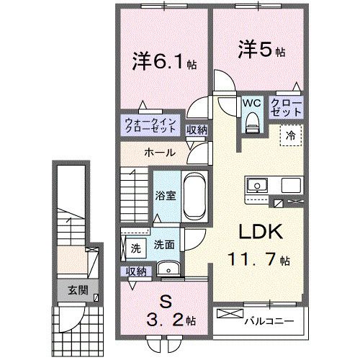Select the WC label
pyautogui.click(x=251, y=103)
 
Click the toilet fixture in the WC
pyautogui.click(x=251, y=123)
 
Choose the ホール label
pyautogui.click(x=158, y=153)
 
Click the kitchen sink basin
pyautogui.click(x=256, y=186)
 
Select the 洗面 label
pyautogui.click(x=163, y=245)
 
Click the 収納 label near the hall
pyautogui.click(x=197, y=130)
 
